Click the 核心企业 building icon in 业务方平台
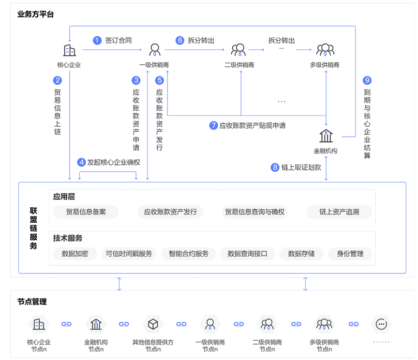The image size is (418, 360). click(x=69, y=50)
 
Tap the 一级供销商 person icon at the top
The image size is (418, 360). click(x=154, y=50)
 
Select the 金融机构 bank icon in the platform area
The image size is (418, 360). click(x=326, y=136)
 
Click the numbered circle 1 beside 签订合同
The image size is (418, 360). click(x=97, y=41)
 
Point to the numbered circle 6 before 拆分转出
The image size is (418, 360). click(x=180, y=41)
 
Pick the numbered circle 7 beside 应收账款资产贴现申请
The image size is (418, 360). click(x=213, y=126)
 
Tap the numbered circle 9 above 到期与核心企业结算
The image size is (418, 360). click(x=367, y=81)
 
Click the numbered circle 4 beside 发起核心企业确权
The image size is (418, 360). click(x=81, y=162)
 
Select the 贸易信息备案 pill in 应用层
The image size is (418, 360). click(x=86, y=212)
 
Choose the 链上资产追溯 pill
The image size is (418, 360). click(x=339, y=212)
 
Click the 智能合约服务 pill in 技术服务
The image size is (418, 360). click(x=189, y=254)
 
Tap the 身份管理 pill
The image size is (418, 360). click(x=350, y=254)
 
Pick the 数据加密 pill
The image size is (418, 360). click(x=75, y=254)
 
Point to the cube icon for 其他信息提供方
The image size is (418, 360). click(x=153, y=324)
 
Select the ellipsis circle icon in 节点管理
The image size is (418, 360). click(x=381, y=324)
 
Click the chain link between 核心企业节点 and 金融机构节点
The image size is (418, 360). click(x=66, y=324)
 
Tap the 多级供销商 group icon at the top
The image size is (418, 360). click(x=325, y=50)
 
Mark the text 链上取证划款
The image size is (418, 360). click(x=300, y=168)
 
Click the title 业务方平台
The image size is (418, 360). click(x=35, y=14)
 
